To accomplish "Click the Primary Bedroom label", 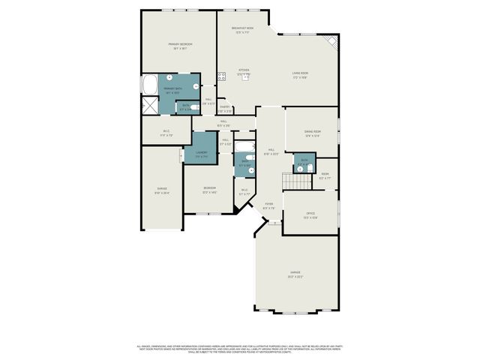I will tap(180, 46).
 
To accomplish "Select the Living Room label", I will tap(300, 74).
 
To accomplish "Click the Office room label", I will tap(310, 215).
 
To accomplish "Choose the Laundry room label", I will tap(201, 154).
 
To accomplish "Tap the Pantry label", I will tap(224, 109).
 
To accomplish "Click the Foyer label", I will tap(268, 205).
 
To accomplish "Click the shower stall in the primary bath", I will tap(150, 104).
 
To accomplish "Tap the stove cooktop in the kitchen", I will tap(222, 76).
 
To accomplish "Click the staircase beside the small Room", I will tap(290, 180).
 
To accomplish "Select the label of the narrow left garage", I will tap(162, 190).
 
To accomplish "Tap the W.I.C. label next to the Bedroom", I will tap(244, 191).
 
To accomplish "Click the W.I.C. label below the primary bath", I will tap(167, 133).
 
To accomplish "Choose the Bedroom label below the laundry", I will tap(209, 189).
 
